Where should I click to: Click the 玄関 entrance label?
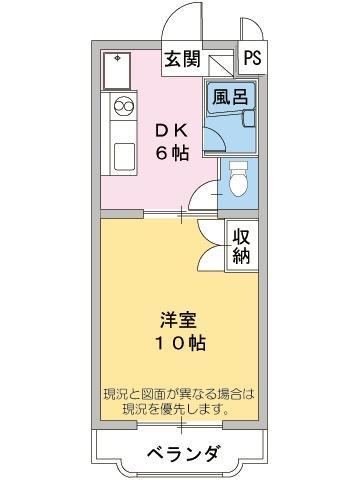pyautogui.click(x=182, y=57)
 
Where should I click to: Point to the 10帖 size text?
pyautogui.click(x=180, y=343)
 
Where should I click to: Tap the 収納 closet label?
pyautogui.click(x=241, y=245)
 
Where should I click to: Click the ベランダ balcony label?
pyautogui.click(x=180, y=451)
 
